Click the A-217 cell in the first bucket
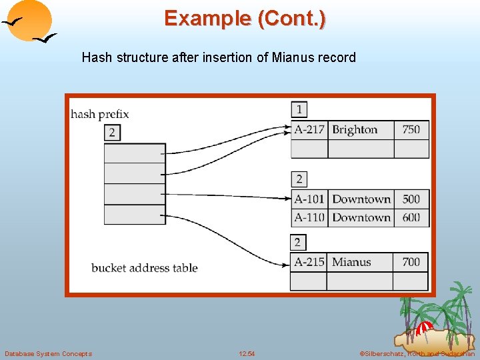(x=309, y=129)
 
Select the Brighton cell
(x=355, y=129)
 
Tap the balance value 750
(x=411, y=129)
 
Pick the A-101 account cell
(x=309, y=199)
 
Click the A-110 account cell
(x=309, y=217)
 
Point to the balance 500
(x=411, y=199)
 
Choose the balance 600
(x=411, y=217)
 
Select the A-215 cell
(x=309, y=262)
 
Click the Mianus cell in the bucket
(x=351, y=262)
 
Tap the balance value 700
(x=411, y=262)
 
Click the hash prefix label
(x=100, y=114)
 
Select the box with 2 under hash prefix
(x=111, y=133)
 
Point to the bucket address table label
(x=145, y=268)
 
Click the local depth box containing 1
(x=299, y=109)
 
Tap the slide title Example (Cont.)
(x=245, y=18)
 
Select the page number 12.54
(x=247, y=353)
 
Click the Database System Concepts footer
(x=48, y=353)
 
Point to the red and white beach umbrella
(x=423, y=329)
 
